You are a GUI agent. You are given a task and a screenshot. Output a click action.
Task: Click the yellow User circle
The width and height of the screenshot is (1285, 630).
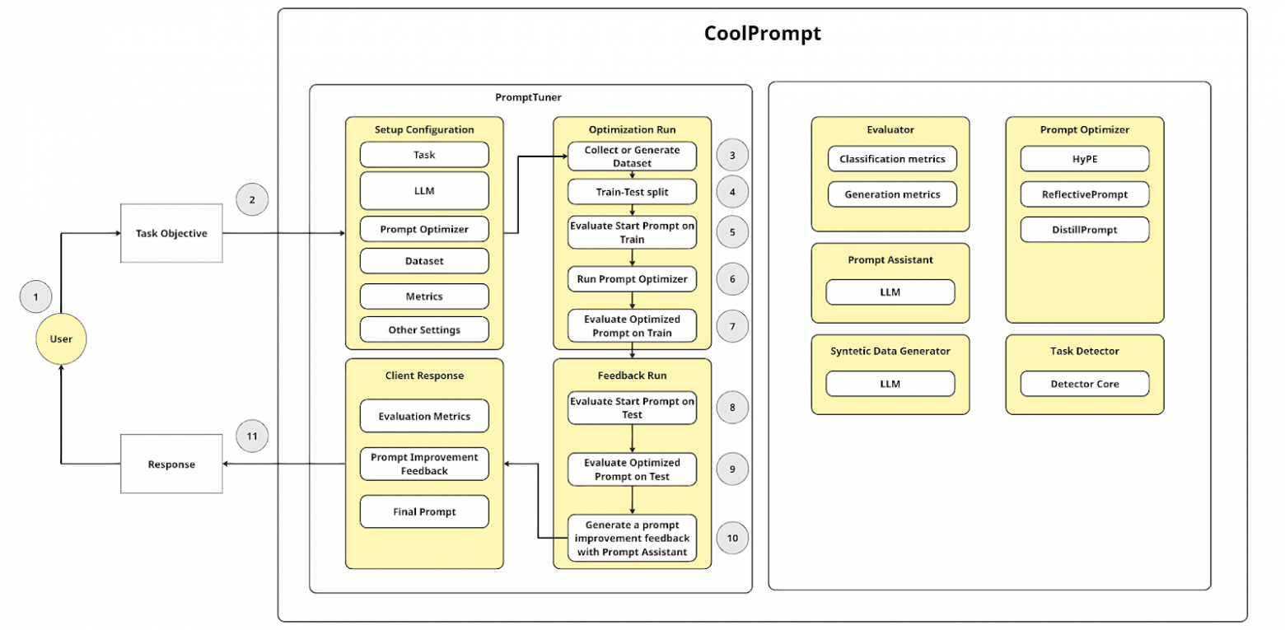(x=61, y=338)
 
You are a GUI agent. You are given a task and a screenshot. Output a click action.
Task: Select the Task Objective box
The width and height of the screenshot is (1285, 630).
(x=171, y=233)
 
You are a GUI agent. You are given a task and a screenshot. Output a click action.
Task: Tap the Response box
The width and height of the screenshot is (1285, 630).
(x=171, y=464)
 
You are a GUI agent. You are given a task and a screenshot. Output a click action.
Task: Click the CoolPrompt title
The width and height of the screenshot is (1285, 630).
(x=762, y=34)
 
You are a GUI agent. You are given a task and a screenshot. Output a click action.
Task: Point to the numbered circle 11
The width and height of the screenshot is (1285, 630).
(x=252, y=436)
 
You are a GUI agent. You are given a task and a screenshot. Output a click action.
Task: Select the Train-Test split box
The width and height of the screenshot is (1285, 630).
(x=632, y=192)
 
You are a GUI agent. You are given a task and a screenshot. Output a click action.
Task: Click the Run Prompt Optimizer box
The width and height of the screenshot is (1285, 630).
(x=632, y=279)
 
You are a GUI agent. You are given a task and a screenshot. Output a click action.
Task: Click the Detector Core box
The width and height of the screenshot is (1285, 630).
(x=1084, y=384)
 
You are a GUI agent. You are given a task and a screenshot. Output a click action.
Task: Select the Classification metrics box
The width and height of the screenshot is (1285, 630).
(x=892, y=159)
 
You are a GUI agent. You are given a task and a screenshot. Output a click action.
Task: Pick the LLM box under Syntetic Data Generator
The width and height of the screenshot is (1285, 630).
(x=890, y=384)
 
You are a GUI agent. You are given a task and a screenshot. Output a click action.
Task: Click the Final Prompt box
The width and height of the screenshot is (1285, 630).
(x=424, y=511)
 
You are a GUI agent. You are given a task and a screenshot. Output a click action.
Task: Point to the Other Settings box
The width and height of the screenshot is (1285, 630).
(x=424, y=330)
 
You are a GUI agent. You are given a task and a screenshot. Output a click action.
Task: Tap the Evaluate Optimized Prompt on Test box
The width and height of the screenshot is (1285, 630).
(x=632, y=469)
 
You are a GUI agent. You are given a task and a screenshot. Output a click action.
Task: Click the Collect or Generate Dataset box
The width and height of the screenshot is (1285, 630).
(x=632, y=156)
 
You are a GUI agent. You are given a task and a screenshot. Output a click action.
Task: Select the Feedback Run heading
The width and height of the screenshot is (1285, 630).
(x=632, y=375)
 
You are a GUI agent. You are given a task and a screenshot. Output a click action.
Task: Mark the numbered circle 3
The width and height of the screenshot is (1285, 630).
(x=732, y=156)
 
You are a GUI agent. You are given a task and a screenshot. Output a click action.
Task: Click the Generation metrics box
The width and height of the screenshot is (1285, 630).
(x=892, y=194)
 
